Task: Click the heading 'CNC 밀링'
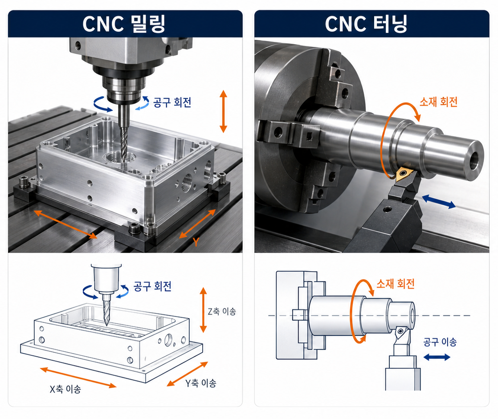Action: coord(124,24)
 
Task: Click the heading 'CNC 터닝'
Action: coord(366,24)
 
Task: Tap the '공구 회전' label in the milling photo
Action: coord(172,102)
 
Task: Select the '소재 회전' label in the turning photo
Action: coord(439,102)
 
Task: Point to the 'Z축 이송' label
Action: coord(222,311)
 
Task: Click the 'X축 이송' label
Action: coord(65,389)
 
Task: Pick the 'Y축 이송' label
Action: coord(201,383)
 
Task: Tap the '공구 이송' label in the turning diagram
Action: coord(440,342)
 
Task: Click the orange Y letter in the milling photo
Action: coord(196,242)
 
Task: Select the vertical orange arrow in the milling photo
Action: coord(223,111)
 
